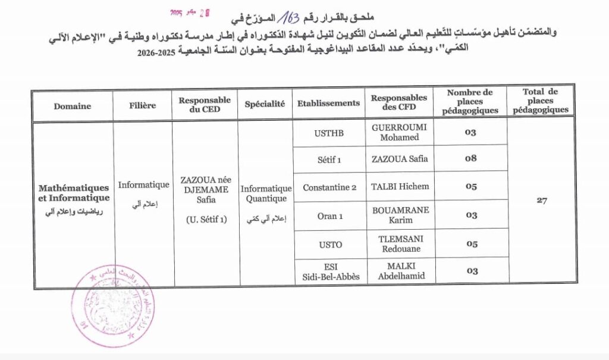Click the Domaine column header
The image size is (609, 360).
pyautogui.click(x=73, y=106)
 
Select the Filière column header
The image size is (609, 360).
pyautogui.click(x=143, y=105)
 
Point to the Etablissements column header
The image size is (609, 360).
pyautogui.click(x=329, y=103)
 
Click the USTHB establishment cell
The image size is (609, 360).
pyautogui.click(x=329, y=133)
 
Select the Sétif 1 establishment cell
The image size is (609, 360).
pyautogui.click(x=329, y=159)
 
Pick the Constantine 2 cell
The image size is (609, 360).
pyautogui.click(x=329, y=187)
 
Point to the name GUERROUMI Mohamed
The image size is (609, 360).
pyautogui.click(x=399, y=132)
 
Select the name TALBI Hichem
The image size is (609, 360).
pyautogui.click(x=400, y=186)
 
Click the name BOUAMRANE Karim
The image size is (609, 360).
pyautogui.click(x=400, y=215)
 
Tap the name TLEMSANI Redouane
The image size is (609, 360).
pyautogui.click(x=400, y=242)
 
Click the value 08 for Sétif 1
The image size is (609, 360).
pyautogui.click(x=471, y=159)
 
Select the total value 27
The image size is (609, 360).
pyautogui.click(x=541, y=201)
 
